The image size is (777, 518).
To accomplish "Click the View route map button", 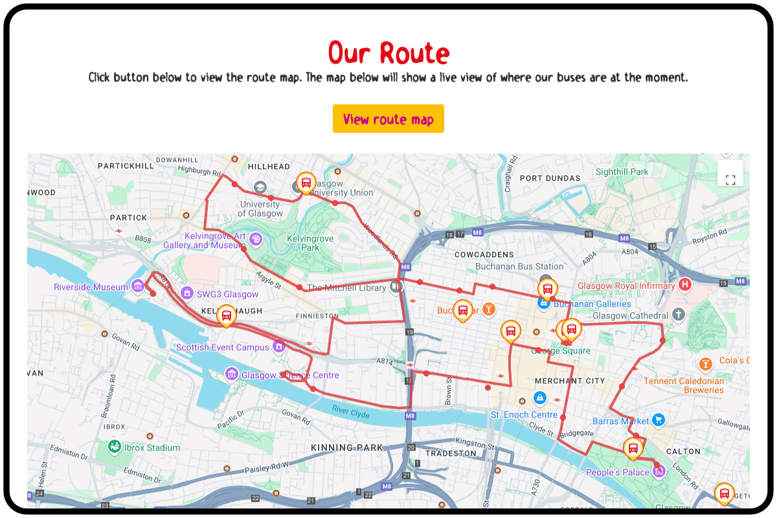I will pos(388,118).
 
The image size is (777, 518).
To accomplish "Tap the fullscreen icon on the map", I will pos(730,179).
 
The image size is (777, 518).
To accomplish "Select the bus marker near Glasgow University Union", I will pos(306,183).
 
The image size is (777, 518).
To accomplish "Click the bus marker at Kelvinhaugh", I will pos(227,315).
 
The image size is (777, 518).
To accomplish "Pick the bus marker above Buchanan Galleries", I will pos(547,289).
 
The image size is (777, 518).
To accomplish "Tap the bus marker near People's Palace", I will pos(633,447).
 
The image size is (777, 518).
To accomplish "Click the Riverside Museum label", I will pos(91,287).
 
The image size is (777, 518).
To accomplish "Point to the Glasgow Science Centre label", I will pos(289,375).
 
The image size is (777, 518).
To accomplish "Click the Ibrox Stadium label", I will pos(153,447).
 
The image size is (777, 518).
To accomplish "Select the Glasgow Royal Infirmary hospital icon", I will pos(685,285).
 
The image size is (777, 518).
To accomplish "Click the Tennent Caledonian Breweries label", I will pos(684,385).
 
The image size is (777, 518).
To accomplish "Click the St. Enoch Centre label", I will pos(524,414).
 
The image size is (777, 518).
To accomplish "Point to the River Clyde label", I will pos(350,411).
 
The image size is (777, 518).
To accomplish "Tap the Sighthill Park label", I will pos(622,172).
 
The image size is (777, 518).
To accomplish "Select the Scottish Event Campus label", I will pos(222,347).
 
